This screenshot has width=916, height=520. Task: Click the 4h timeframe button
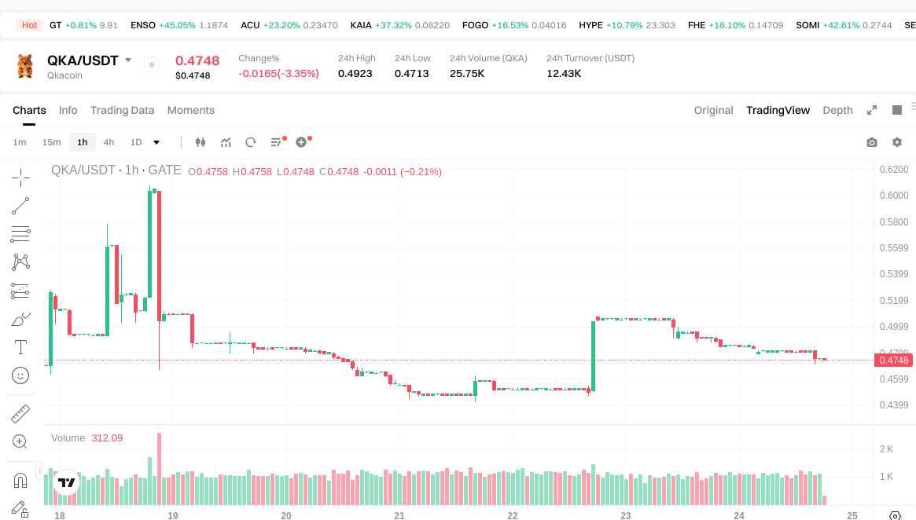coord(109,142)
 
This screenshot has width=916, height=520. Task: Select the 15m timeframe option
coord(51,142)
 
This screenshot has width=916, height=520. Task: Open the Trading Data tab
coord(122,110)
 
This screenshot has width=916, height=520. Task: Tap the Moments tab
coord(190,110)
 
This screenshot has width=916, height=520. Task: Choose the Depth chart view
coord(837,110)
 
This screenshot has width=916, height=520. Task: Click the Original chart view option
coord(713,110)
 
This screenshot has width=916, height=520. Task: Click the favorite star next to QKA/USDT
coord(152,64)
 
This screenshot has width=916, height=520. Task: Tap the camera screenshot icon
coord(871,142)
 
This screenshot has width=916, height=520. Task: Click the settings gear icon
coord(896,142)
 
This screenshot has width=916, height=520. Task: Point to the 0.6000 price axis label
coord(893,196)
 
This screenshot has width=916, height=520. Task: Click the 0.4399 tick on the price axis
coord(893,405)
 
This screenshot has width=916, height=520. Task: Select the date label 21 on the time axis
coord(399,515)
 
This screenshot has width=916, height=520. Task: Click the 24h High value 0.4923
coord(355,74)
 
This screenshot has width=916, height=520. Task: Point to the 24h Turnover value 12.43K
coord(564,74)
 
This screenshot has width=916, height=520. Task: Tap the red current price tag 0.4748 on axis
coord(893,361)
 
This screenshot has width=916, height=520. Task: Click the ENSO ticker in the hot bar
coord(143,25)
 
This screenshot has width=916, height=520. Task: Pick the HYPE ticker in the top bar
coord(590,25)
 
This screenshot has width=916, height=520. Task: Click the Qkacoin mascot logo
coord(25,66)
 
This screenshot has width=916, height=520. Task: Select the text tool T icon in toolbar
coord(20,346)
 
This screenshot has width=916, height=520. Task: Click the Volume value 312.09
coord(107,438)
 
